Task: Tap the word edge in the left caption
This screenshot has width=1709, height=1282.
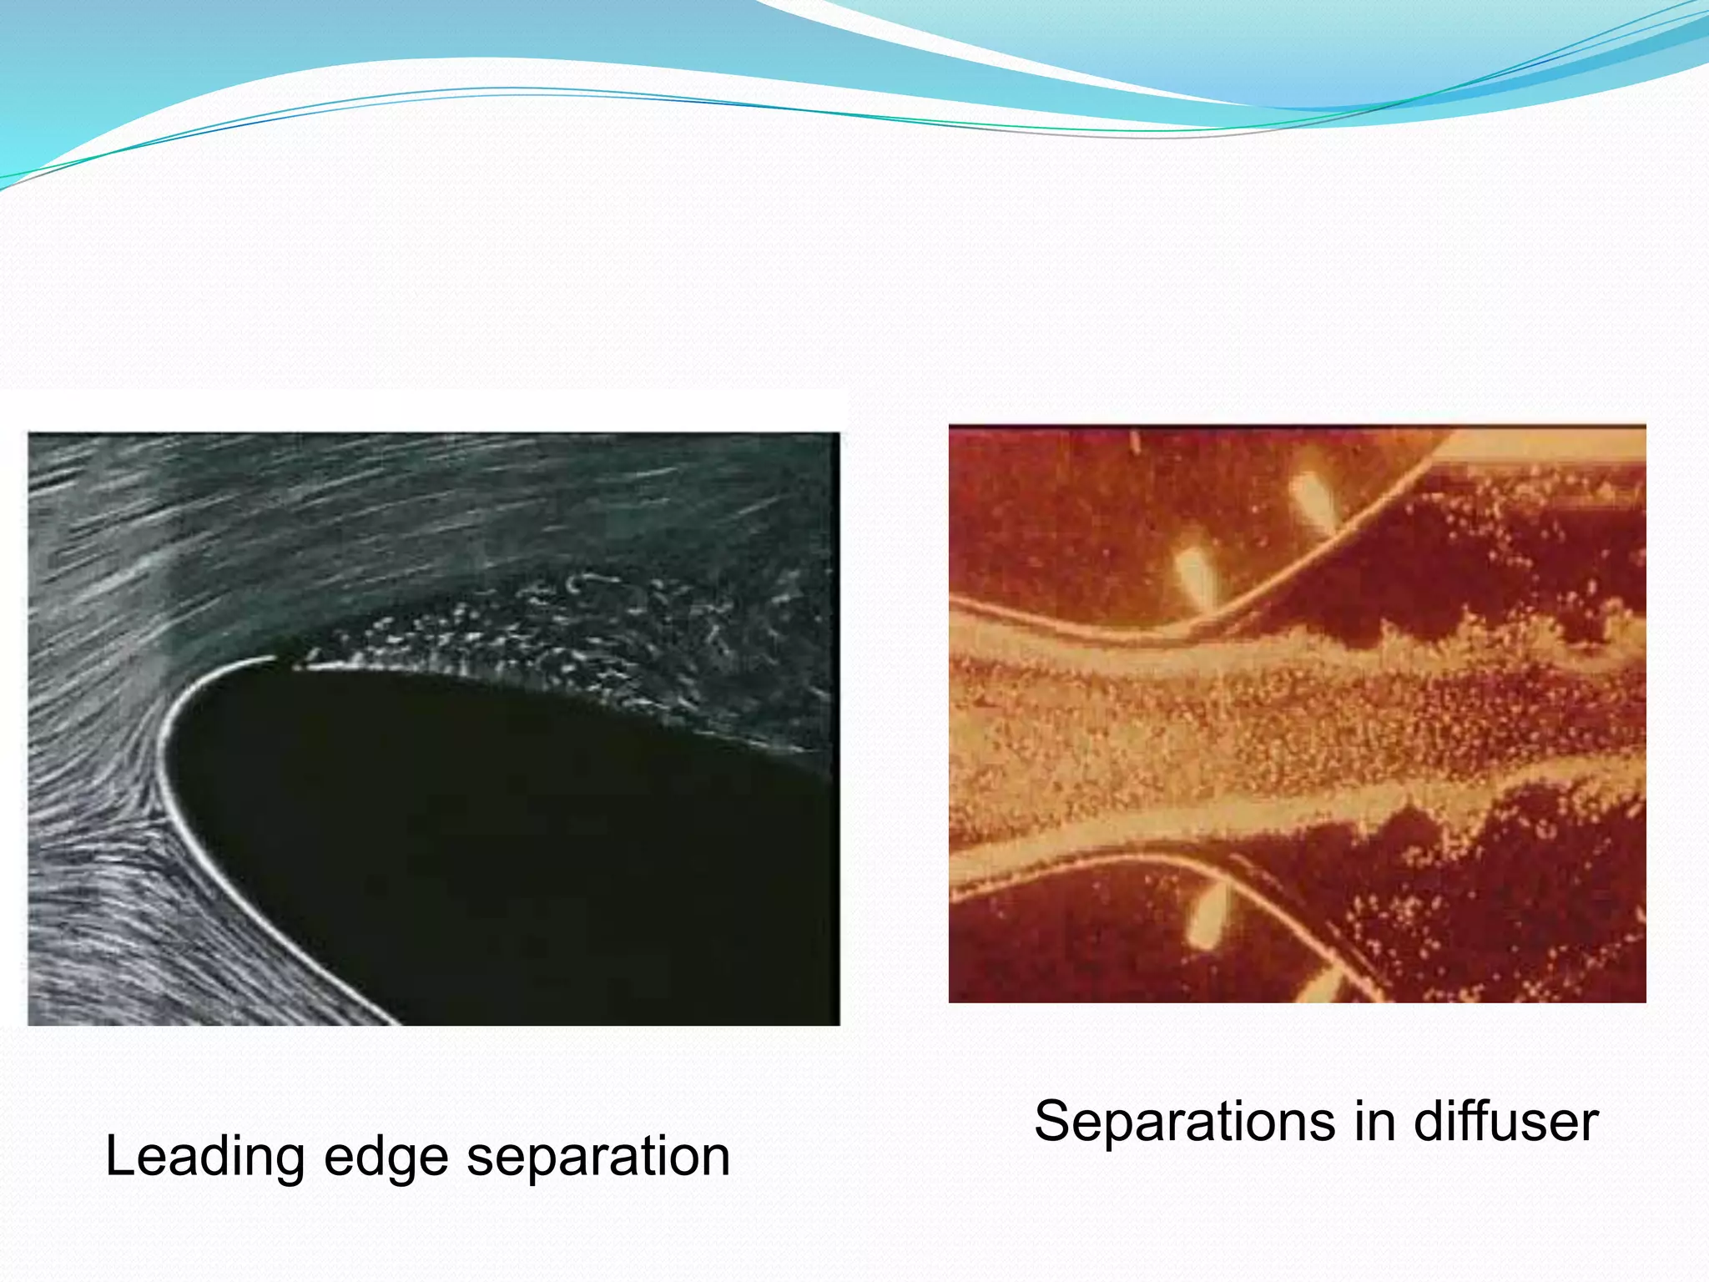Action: pos(386,1158)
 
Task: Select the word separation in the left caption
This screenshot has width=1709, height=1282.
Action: pos(597,1158)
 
